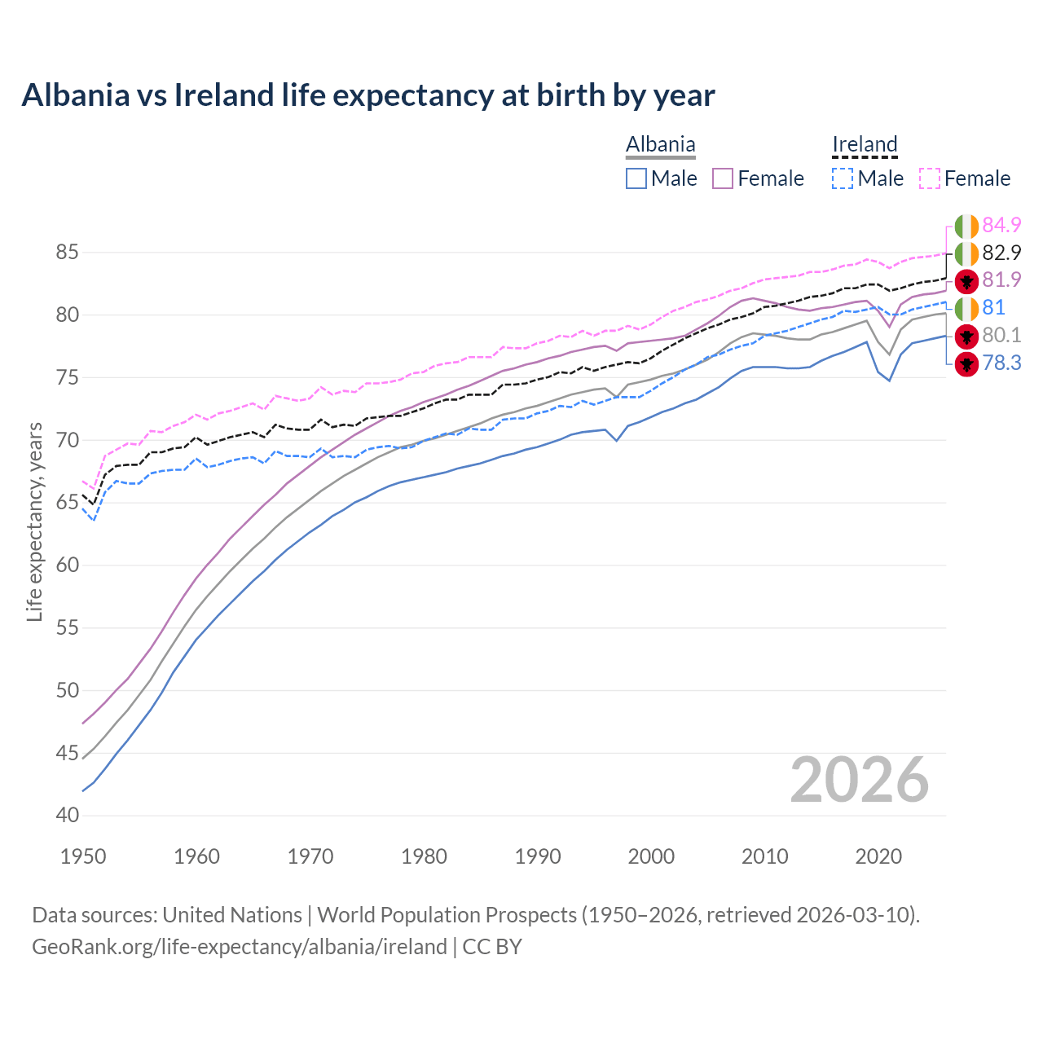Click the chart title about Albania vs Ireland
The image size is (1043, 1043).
[x=367, y=95]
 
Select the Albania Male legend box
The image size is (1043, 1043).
[x=636, y=178]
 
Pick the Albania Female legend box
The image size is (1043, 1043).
[x=724, y=178]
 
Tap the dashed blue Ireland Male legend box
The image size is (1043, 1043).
[x=843, y=178]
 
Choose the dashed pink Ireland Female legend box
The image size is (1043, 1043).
[x=930, y=178]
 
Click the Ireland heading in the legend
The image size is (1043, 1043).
[x=865, y=144]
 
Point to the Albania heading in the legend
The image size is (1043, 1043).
[x=660, y=144]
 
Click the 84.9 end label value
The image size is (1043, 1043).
[x=1001, y=225]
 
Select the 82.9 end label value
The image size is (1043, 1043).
[x=1001, y=253]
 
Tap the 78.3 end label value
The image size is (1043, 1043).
[x=1001, y=363]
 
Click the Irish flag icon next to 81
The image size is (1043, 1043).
[x=966, y=309]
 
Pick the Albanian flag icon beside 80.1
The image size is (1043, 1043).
[x=966, y=336]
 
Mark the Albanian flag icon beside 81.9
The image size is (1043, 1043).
[x=966, y=281]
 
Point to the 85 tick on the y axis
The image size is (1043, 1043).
[x=67, y=253]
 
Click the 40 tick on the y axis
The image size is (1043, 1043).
[x=67, y=815]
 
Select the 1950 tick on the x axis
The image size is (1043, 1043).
[x=83, y=856]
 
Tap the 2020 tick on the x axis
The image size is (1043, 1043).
[x=878, y=856]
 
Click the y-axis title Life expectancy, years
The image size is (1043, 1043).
[x=34, y=521]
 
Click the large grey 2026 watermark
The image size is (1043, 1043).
[x=859, y=780]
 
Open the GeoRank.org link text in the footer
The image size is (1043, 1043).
[x=239, y=946]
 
